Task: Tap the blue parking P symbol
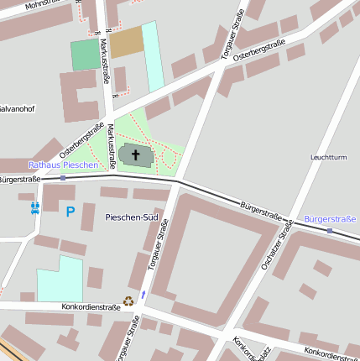(x=70, y=212)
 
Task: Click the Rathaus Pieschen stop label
(x=63, y=165)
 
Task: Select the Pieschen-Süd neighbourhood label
(x=132, y=217)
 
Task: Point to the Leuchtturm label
(x=328, y=157)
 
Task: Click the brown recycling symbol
(x=128, y=300)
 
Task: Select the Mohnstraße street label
(x=23, y=5)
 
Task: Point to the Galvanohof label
(x=17, y=108)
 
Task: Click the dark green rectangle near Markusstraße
(x=84, y=55)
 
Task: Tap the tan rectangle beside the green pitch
(x=126, y=42)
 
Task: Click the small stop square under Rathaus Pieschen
(x=63, y=177)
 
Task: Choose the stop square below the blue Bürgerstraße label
(x=330, y=230)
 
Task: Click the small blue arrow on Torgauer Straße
(x=143, y=294)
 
